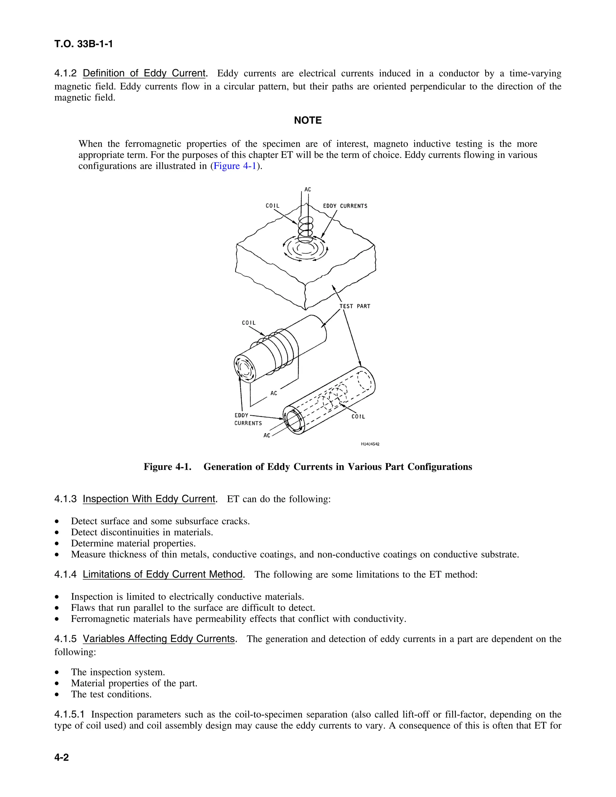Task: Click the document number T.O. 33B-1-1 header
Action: (x=84, y=44)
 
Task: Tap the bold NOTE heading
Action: (x=308, y=120)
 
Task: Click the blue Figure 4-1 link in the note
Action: (x=235, y=166)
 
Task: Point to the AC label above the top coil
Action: (x=308, y=189)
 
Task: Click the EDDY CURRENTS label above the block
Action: (x=345, y=206)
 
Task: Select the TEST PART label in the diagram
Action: (x=355, y=306)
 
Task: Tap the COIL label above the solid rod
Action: (x=249, y=323)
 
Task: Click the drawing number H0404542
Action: (x=370, y=444)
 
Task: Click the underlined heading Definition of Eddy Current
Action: (x=144, y=73)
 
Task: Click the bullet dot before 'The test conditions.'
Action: (x=57, y=694)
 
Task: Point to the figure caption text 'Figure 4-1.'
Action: (x=168, y=467)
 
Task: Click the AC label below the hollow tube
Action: (x=267, y=435)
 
